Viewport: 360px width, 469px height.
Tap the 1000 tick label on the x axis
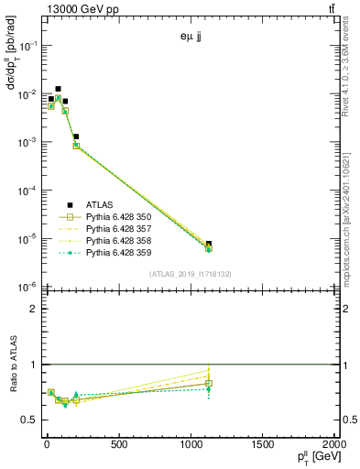(x=190, y=445)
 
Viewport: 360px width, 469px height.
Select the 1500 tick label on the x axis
(x=262, y=445)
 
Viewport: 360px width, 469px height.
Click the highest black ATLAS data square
(x=59, y=89)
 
